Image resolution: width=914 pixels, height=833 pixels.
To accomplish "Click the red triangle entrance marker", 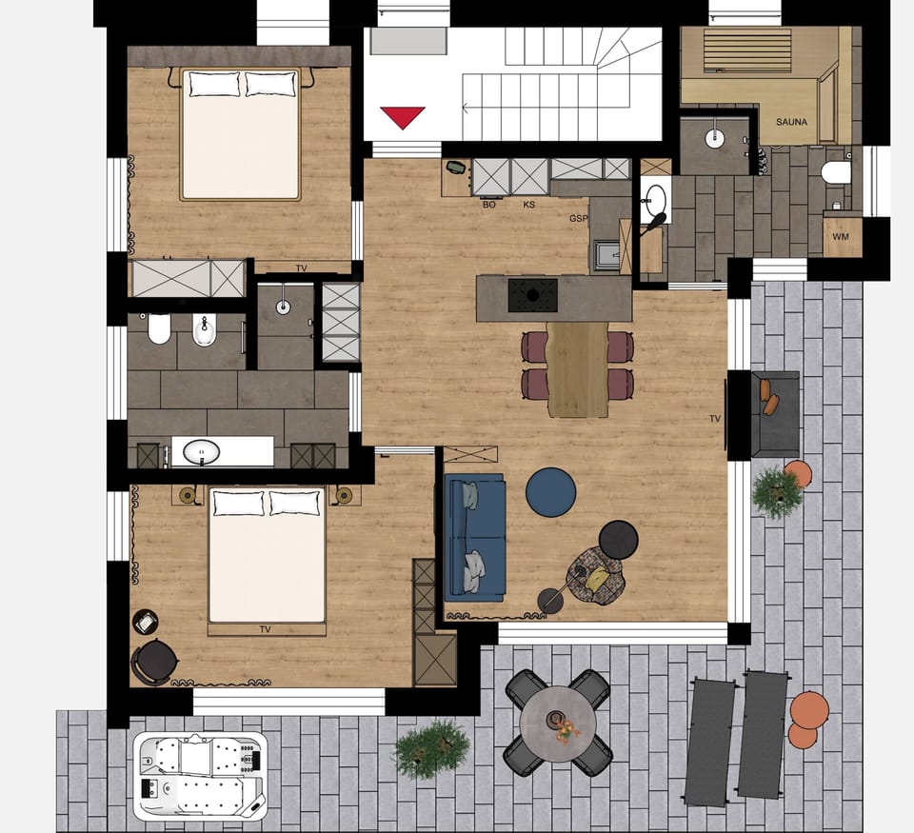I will coord(402,117).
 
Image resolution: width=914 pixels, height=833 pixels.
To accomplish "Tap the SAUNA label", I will coord(791,122).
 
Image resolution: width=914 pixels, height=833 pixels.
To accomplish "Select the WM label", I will coord(841,236).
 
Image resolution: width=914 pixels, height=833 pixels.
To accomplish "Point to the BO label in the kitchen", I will coord(489,205).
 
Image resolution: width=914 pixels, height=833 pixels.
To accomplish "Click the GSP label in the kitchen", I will coord(578,219).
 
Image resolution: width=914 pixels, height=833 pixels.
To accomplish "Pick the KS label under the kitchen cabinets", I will coord(528,205).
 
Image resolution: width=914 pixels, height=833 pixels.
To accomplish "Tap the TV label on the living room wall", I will coord(715,418).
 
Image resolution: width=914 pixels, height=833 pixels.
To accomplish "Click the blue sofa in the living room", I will coord(474,538).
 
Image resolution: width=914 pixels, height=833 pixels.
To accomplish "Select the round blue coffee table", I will coord(550,491).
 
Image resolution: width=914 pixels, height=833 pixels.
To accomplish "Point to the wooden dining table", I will coord(578,369).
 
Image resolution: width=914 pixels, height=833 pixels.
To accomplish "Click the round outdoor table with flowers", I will coord(558,721).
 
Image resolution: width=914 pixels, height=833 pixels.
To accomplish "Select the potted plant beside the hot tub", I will coord(431,748).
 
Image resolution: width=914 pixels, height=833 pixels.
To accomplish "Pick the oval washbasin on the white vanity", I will coord(201,451).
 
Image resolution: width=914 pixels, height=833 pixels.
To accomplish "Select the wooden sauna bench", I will coord(748,50).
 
